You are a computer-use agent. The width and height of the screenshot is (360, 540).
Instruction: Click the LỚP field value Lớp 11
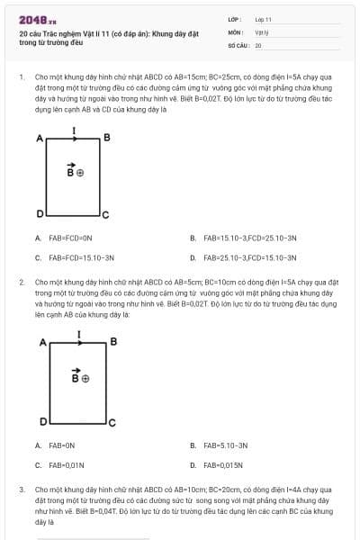(x=263, y=19)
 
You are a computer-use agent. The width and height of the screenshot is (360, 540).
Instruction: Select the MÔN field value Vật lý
(x=261, y=31)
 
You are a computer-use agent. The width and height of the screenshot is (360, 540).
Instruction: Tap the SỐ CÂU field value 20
(x=258, y=44)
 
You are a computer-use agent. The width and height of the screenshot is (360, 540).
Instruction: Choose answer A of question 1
(x=65, y=238)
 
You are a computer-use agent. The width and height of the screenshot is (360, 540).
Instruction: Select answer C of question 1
(x=75, y=257)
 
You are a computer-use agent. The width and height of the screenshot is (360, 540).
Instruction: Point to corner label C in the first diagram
(x=105, y=216)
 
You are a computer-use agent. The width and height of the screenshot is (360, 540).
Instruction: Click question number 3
(x=22, y=490)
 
